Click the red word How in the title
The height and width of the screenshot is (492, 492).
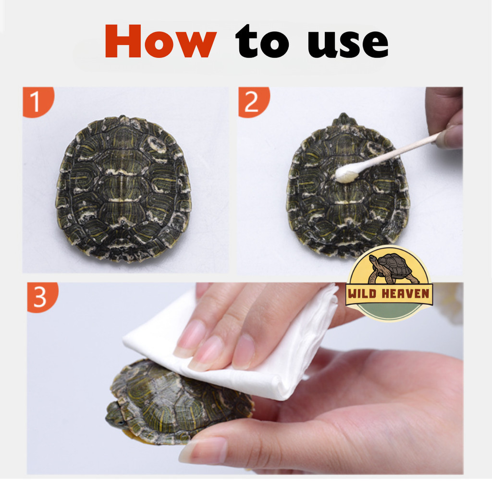click(160, 41)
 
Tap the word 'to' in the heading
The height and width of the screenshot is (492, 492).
click(262, 42)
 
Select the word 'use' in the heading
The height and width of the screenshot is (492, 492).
click(348, 44)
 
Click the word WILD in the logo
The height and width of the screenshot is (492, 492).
click(362, 294)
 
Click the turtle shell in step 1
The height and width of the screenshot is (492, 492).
click(123, 189)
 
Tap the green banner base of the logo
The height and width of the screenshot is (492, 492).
click(389, 312)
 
